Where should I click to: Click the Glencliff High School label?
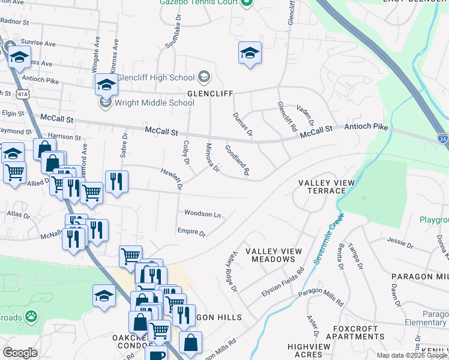pyautogui.click(x=155, y=77)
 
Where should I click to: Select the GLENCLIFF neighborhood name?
pyautogui.click(x=209, y=94)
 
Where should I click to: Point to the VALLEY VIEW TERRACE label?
pyautogui.click(x=323, y=187)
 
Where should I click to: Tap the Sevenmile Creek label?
pyautogui.click(x=327, y=238)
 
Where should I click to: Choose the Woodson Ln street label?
pyautogui.click(x=202, y=214)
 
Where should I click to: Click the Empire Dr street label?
pyautogui.click(x=191, y=232)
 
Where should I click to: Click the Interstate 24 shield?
pyautogui.click(x=442, y=137)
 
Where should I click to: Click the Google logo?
pyautogui.click(x=20, y=353)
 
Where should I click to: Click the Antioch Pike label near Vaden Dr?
pyautogui.click(x=366, y=127)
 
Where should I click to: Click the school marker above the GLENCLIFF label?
pyautogui.click(x=250, y=53)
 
